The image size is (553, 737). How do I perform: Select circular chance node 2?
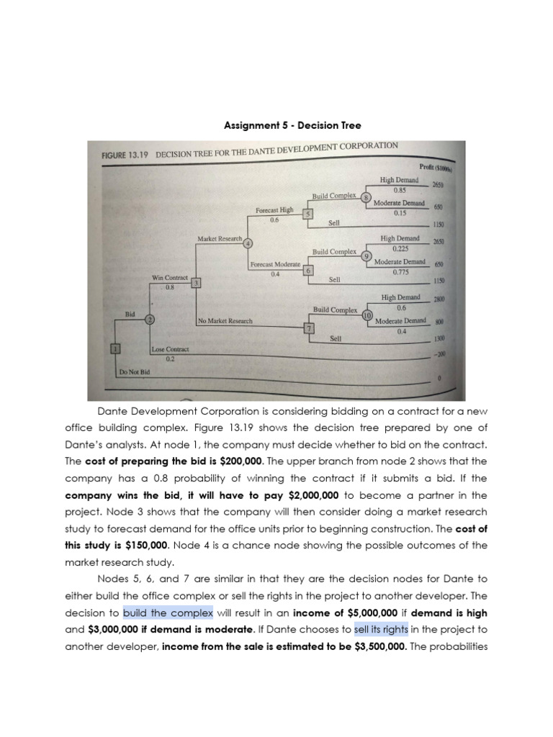150,320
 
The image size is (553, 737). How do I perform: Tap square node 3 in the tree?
196,283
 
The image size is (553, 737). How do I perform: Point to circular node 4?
248,243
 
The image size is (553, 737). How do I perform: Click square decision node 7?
310,328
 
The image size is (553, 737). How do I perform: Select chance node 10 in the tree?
367,315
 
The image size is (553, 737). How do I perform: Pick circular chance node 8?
366,198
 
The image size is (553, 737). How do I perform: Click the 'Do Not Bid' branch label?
134,371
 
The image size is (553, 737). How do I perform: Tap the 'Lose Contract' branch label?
170,349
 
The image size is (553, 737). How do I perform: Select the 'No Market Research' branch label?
225,320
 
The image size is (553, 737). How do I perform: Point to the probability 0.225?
400,248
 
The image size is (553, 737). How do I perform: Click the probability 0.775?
400,272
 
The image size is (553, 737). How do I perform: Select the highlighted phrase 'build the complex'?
168,612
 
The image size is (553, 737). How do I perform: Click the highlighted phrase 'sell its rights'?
381,629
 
